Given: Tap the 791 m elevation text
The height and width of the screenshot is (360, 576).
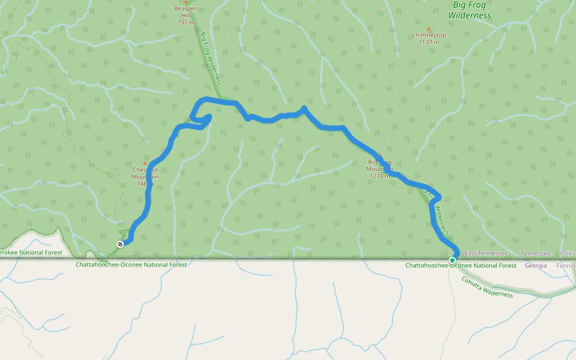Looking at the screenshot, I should [x=185, y=23].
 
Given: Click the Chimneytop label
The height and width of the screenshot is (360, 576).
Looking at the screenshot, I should [x=428, y=35].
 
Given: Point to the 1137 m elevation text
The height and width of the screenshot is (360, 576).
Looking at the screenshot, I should [x=428, y=42].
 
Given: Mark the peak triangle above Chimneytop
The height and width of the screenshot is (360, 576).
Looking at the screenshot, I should [x=428, y=28].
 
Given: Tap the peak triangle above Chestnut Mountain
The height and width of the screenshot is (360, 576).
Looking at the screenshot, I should [x=145, y=163].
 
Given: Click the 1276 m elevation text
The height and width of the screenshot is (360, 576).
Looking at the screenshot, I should [x=380, y=176].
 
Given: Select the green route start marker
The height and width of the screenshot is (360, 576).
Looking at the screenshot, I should [x=452, y=260].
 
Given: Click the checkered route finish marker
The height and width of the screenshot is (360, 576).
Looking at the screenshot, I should [x=120, y=244].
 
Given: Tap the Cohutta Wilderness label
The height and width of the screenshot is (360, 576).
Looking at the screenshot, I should [x=487, y=287].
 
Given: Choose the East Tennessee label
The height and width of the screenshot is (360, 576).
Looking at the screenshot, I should [x=486, y=254].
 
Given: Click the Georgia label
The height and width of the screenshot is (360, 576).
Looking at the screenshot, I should [x=536, y=265].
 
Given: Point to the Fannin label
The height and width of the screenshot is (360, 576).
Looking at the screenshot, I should [x=565, y=265].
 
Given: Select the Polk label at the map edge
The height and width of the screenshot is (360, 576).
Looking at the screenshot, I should [x=567, y=254].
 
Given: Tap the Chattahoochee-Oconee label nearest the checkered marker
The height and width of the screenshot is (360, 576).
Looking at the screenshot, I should [x=131, y=265].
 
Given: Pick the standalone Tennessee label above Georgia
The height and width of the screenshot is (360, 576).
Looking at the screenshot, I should [x=536, y=254].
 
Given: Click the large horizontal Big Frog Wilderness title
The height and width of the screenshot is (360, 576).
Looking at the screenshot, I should [x=472, y=10].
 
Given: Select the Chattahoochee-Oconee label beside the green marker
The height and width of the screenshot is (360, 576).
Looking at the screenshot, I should [x=461, y=265].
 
